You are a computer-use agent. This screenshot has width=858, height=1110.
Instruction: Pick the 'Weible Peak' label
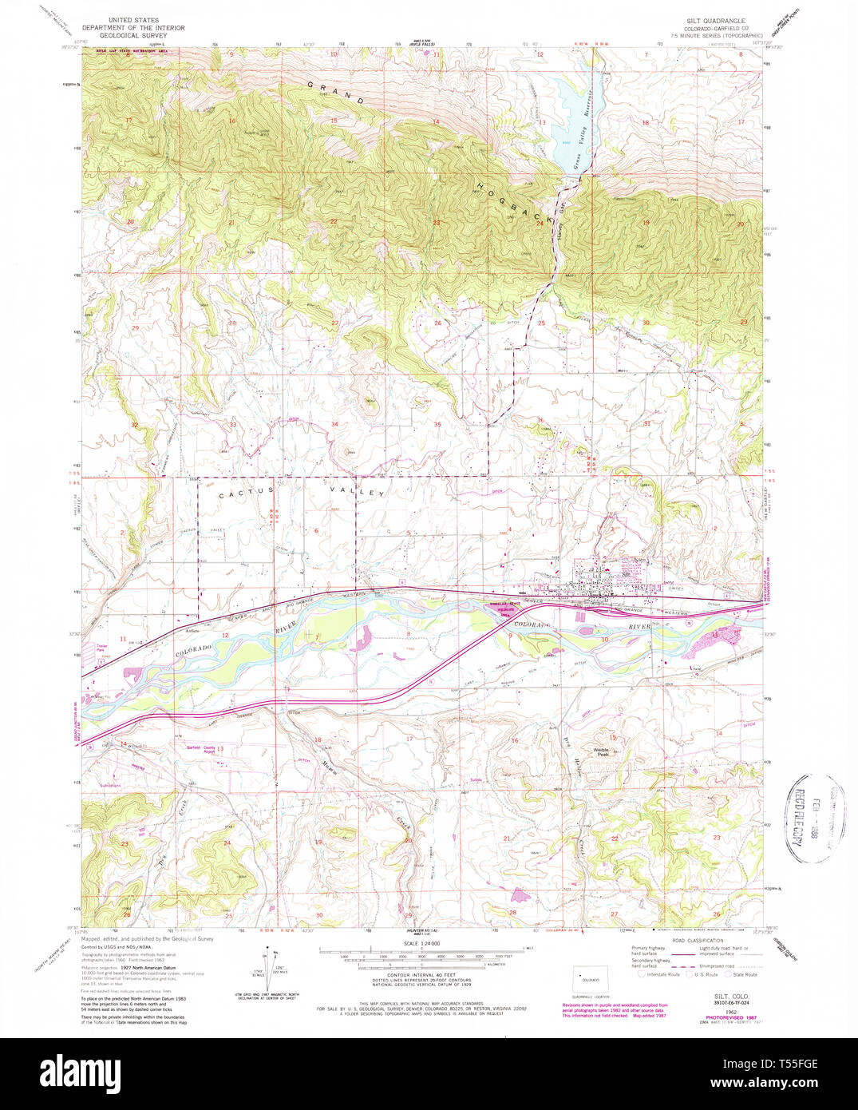tap(602, 751)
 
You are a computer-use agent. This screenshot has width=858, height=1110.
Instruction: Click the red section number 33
tap(233, 425)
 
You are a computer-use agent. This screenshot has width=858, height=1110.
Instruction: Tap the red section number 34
tap(335, 424)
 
